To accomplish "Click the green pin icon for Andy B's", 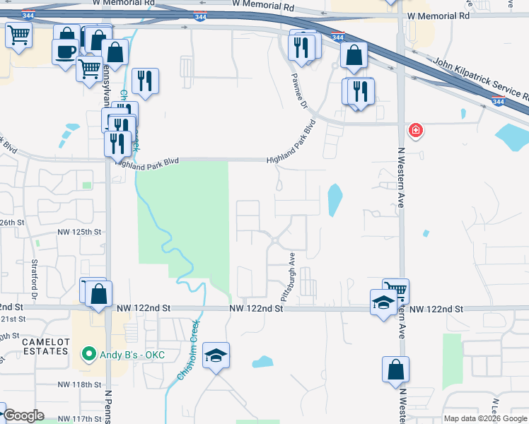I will click(x=88, y=353).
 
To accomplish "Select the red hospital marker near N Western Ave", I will click(x=416, y=131).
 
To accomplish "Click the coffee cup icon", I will click(x=66, y=52).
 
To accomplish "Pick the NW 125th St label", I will click(x=79, y=232).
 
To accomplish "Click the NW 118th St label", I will click(x=79, y=384).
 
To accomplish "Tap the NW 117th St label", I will click(x=79, y=419).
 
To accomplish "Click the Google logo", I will click(x=23, y=416).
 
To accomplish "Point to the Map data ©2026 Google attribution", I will click(x=485, y=418).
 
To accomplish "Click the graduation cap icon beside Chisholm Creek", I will click(x=216, y=354).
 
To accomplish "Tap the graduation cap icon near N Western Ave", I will click(x=383, y=302).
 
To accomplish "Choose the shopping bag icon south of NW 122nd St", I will click(x=395, y=369).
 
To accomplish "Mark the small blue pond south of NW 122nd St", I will click(x=262, y=362).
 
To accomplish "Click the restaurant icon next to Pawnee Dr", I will click(x=301, y=46).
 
